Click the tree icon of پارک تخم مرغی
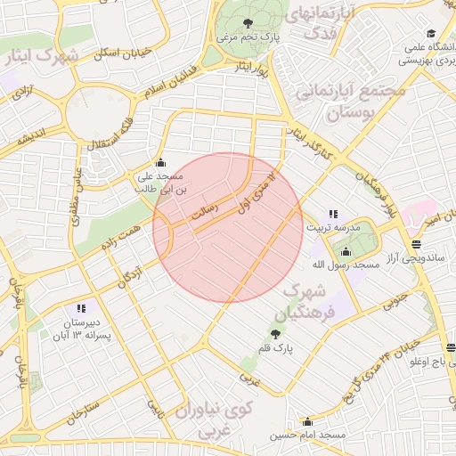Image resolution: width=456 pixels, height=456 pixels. pyautogui.click(x=248, y=24)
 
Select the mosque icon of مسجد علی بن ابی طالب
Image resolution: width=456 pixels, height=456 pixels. pyautogui.click(x=160, y=162)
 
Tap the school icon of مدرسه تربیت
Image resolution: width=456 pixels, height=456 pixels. pyautogui.click(x=333, y=214)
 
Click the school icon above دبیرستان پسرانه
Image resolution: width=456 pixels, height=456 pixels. pyautogui.click(x=81, y=308)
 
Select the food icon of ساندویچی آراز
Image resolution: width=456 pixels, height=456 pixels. pyautogui.click(x=416, y=244)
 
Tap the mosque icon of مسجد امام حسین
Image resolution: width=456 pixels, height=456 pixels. pyautogui.click(x=308, y=422)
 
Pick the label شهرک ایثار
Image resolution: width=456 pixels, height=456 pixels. pyautogui.click(x=41, y=57)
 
